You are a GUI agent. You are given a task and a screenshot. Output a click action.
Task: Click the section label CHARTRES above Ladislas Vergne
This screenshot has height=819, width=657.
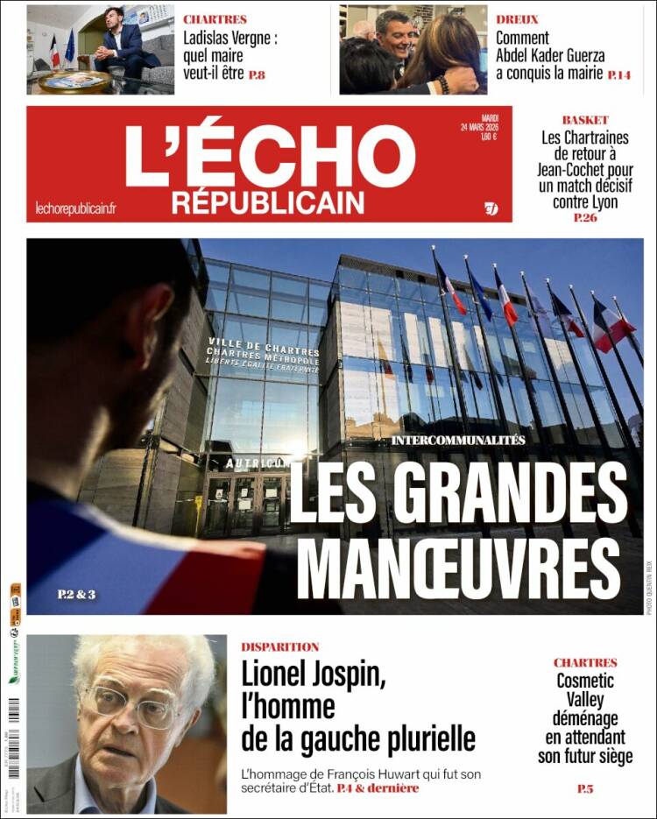click(215, 19)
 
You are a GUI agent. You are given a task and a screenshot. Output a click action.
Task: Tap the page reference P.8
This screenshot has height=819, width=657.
click(257, 75)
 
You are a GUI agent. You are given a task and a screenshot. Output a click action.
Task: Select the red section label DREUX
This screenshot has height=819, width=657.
click(517, 19)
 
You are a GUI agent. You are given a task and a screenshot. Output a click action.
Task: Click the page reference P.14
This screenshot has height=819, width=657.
click(618, 75)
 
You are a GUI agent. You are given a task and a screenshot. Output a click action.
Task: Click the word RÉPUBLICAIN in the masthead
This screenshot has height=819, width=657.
click(267, 203)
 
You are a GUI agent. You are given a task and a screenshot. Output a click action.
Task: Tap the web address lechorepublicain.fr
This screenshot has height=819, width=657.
click(76, 208)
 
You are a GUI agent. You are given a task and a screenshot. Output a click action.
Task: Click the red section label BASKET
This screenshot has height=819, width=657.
click(585, 120)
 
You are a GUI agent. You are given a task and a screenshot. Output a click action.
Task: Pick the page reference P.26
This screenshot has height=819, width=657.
click(585, 217)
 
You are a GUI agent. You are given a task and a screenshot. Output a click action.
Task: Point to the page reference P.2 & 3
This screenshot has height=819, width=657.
click(76, 595)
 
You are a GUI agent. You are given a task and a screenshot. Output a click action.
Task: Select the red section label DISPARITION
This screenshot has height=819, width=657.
click(280, 647)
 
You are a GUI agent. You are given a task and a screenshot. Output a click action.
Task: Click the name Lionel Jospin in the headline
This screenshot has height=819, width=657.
click(313, 675)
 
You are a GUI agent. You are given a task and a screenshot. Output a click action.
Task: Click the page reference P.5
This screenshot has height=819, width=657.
click(585, 789)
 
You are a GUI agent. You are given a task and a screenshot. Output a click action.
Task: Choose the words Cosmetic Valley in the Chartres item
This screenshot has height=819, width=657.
click(585, 689)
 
